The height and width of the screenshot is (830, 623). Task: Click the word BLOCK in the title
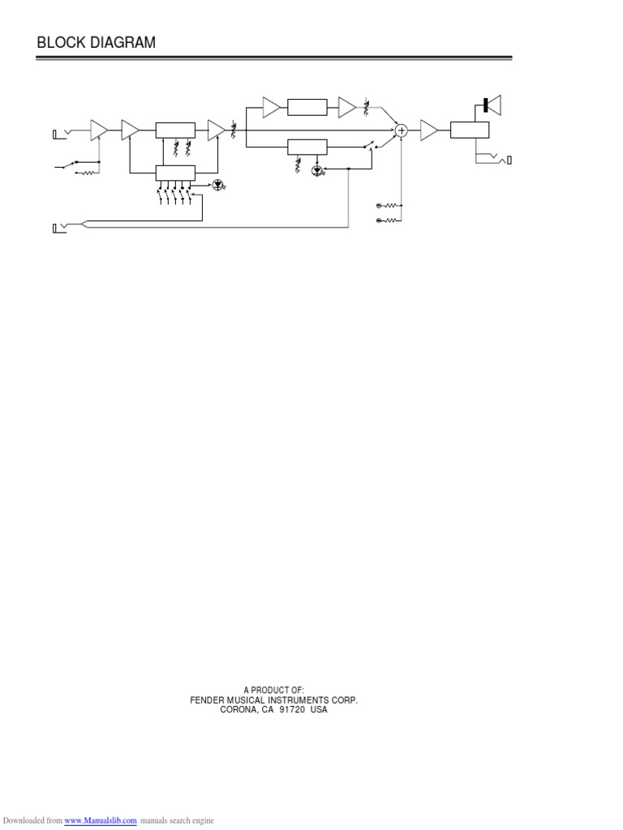(x=60, y=42)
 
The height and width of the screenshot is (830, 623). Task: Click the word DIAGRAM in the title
(x=121, y=42)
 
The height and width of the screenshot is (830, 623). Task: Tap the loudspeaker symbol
(x=492, y=105)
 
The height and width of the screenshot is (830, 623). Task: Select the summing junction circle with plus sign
(x=401, y=130)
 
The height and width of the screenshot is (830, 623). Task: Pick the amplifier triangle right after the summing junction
(x=429, y=130)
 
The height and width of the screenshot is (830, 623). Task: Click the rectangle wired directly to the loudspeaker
(x=470, y=130)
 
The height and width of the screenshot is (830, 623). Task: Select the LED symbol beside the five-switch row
(x=218, y=184)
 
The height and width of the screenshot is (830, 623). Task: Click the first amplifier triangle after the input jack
(x=99, y=130)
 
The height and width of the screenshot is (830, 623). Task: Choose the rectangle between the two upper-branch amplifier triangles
(x=307, y=107)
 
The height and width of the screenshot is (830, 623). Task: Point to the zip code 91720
(x=292, y=709)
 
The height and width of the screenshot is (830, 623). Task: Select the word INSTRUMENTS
(x=307, y=700)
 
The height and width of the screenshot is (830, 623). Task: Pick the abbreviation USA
(x=320, y=709)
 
